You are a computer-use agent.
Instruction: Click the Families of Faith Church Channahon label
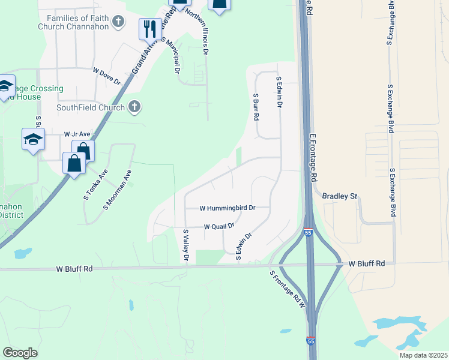pos(73,23)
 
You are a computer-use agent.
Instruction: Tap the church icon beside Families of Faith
pos(119,22)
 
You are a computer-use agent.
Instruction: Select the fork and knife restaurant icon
pos(148,28)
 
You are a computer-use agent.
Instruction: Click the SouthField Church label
pos(91,108)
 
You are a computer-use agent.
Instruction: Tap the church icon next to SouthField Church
pos(134,107)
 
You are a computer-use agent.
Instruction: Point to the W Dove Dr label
pos(107,76)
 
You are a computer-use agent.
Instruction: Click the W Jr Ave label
pos(76,134)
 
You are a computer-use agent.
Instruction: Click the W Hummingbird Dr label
pos(228,208)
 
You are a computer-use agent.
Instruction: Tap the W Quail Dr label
pos(218,227)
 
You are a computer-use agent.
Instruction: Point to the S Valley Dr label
pos(186,245)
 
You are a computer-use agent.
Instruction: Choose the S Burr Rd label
pos(256,107)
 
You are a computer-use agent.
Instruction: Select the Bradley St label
pos(340,196)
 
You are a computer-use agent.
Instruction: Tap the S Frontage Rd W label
pos(288,289)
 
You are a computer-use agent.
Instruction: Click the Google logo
pos(20,353)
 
